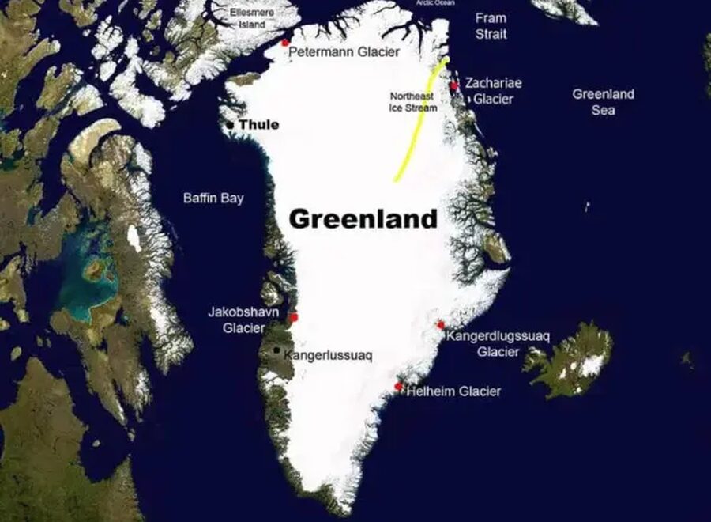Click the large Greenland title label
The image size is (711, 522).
click(363, 218)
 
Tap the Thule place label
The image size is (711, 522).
click(258, 125)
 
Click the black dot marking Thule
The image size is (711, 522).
click(230, 125)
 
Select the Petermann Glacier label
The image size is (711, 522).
click(344, 52)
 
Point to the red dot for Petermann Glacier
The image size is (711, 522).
click(285, 43)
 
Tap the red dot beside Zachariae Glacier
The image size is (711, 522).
click(454, 85)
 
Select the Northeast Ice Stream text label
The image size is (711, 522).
click(412, 101)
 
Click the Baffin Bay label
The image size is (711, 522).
click(213, 199)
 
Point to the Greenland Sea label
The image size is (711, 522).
click(604, 102)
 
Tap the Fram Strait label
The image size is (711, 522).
click(491, 26)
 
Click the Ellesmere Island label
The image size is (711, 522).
click(252, 18)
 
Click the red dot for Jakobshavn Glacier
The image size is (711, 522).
click(293, 317)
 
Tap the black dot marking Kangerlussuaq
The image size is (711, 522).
click(276, 350)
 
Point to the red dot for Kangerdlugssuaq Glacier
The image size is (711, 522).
click(441, 325)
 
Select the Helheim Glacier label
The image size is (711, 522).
click(453, 391)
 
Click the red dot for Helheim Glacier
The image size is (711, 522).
click(399, 387)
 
